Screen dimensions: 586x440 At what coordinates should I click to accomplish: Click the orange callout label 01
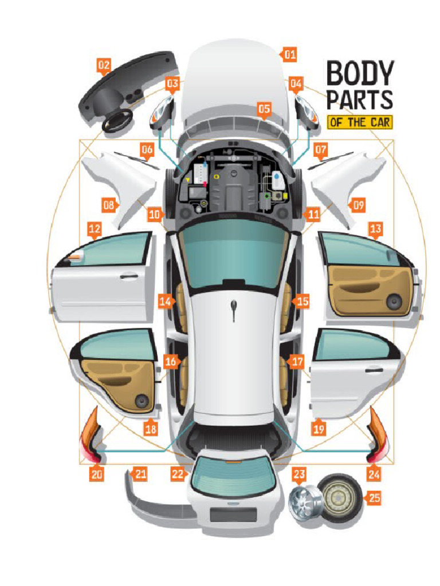click(289, 55)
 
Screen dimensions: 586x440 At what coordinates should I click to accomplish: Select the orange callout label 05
click(264, 108)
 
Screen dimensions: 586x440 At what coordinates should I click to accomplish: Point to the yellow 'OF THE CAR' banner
click(360, 122)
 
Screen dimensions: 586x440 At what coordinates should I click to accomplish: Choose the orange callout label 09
click(357, 204)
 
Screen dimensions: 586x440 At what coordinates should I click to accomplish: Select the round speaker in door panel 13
click(393, 301)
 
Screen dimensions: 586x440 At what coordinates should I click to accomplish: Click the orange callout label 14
click(166, 301)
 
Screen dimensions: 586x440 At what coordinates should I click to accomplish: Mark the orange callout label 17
click(296, 362)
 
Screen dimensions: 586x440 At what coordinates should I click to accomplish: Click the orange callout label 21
click(138, 473)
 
